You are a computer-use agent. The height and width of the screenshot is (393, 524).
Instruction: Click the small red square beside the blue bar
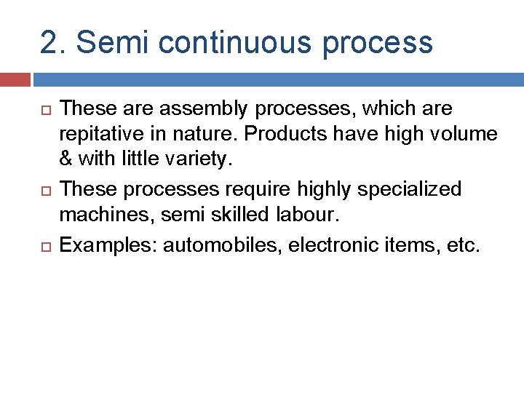click(15, 79)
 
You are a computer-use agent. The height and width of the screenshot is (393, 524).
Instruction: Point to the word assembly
click(196, 109)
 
